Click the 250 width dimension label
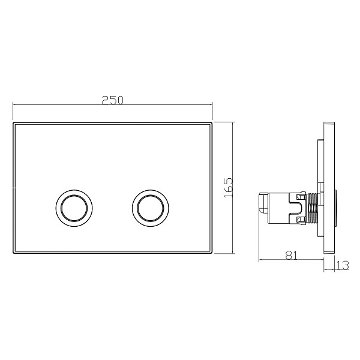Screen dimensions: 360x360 coord(113,100)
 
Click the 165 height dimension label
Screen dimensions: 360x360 coord(229,187)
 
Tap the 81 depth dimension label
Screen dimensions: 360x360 coord(291,256)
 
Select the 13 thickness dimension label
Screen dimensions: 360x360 coord(343,265)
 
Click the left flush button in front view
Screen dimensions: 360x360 coord(74,208)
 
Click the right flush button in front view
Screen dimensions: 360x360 coord(151,208)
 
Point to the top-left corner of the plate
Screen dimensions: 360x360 coord(13,122)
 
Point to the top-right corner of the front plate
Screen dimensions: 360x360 coord(212,122)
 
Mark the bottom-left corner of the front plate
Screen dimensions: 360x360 coord(13,253)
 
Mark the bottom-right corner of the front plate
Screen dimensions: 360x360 coord(212,253)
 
